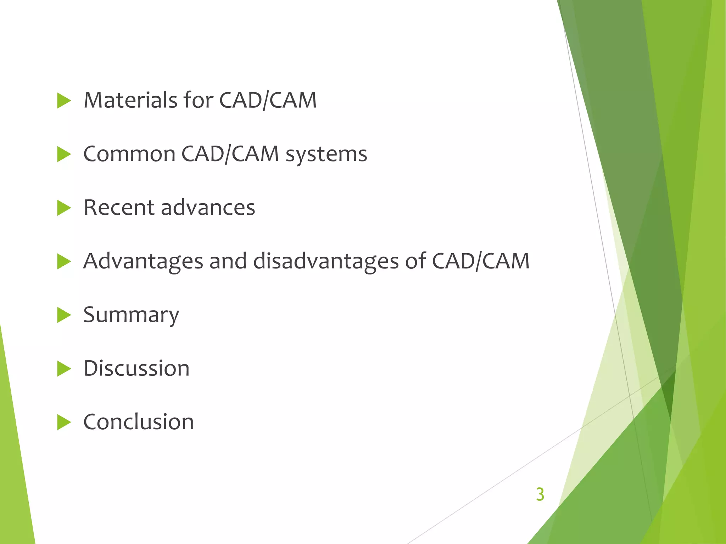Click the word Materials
[x=130, y=100]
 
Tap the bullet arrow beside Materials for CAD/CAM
[x=64, y=101]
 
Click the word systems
[x=326, y=154]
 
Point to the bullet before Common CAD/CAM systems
[x=64, y=155]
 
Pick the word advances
[x=208, y=208]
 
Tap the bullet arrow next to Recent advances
[x=64, y=208]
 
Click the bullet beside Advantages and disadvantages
[x=64, y=262]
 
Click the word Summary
[x=131, y=315]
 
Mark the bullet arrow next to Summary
[x=64, y=315]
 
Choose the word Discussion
[x=136, y=368]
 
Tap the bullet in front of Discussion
[x=64, y=369]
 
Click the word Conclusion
[x=139, y=422]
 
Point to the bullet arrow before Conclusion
[x=64, y=423]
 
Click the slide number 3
[x=540, y=494]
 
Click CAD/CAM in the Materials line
[x=268, y=100]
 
